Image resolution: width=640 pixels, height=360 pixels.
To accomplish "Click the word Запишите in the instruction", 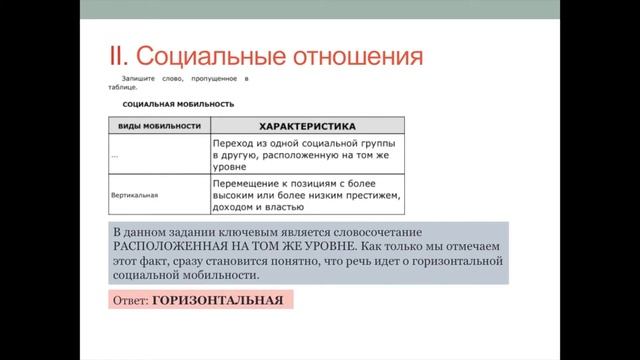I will tap(140, 77).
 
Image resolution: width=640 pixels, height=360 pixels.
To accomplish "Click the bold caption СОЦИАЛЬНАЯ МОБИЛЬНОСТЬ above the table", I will tap(178, 103).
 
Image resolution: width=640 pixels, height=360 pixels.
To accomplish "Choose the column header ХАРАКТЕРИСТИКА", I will tap(307, 126).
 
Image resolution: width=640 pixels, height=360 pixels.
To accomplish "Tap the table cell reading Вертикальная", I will tap(135, 196).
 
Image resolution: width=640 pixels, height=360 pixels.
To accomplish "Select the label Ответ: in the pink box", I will tap(129, 299).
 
